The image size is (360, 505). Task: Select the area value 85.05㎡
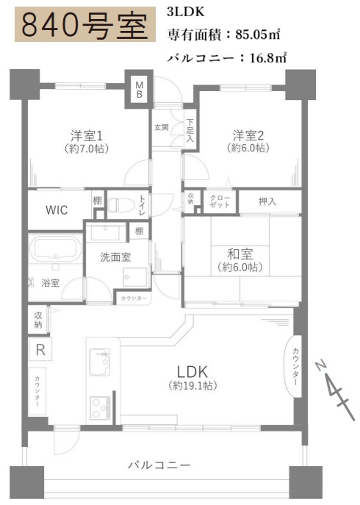click(x=257, y=34)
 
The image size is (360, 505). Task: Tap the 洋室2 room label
click(x=249, y=136)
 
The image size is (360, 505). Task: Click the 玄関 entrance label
click(x=162, y=127)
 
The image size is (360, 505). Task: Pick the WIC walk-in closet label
click(x=57, y=209)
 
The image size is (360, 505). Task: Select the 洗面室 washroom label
click(x=116, y=257)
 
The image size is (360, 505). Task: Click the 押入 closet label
click(x=267, y=201)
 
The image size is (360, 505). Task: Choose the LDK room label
click(x=193, y=370)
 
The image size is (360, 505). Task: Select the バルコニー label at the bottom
click(x=159, y=465)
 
